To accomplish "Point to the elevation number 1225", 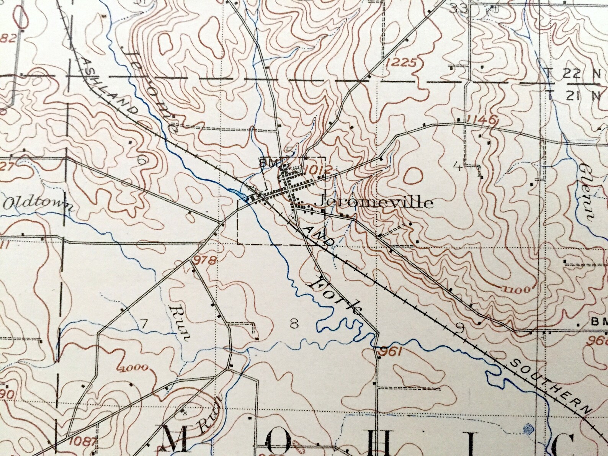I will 401,62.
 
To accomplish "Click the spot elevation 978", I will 205,261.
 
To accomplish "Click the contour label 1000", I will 133,369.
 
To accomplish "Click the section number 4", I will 456,167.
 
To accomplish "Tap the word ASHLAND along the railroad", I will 110,87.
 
